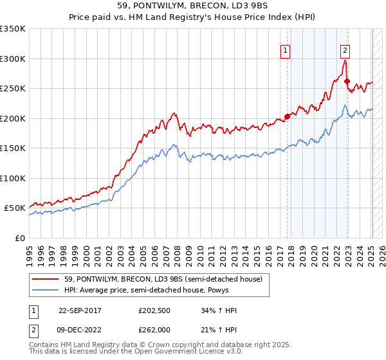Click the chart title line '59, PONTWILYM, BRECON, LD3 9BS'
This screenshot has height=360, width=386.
193,6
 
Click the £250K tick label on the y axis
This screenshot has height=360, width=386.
13,89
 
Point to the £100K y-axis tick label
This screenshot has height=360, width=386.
13,178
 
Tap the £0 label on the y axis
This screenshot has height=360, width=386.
20,238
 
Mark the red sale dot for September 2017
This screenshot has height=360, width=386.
287,117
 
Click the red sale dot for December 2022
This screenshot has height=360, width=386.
347,82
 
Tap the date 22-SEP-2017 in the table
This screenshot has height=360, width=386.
81,310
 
